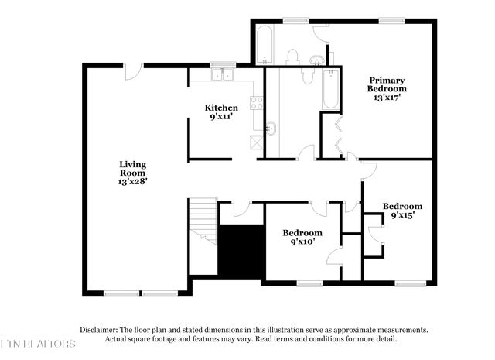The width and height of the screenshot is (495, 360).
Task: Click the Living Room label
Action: pyautogui.click(x=132, y=172)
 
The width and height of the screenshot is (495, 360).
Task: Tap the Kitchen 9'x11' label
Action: pyautogui.click(x=221, y=111)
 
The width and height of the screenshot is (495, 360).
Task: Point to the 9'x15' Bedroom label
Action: pyautogui.click(x=404, y=211)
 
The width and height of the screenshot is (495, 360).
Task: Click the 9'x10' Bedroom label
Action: pyautogui.click(x=302, y=238)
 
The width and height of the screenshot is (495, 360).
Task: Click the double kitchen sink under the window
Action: pyautogui.click(x=224, y=75)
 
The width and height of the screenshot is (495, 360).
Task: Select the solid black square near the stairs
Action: pyautogui.click(x=242, y=249)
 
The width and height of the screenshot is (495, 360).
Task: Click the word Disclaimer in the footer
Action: pyautogui.click(x=97, y=329)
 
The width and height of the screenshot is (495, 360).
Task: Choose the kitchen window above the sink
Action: pyautogui.click(x=224, y=64)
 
